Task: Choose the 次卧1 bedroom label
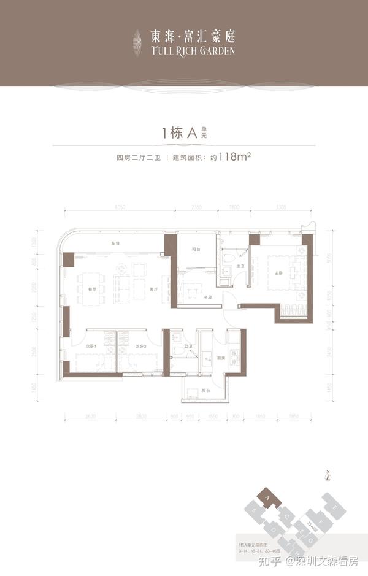pyautogui.click(x=91, y=347)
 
